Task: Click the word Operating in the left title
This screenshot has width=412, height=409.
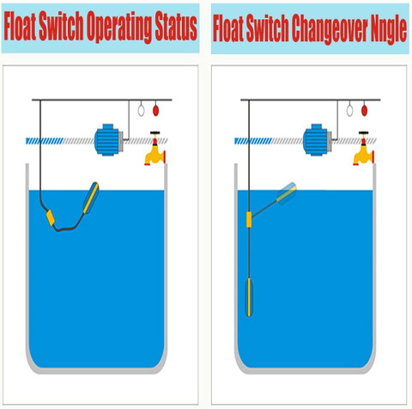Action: coord(119,27)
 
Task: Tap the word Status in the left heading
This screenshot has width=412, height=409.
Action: coord(176,27)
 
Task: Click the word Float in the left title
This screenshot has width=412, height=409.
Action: coord(20,26)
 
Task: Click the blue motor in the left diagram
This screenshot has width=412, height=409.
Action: coord(108,140)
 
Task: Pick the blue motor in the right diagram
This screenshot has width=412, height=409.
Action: coord(317,140)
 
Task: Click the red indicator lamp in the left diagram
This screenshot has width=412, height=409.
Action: coord(155,110)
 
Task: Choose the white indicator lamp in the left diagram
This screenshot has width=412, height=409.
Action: coord(141,110)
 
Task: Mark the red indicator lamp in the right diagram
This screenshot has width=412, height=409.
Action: coord(364,110)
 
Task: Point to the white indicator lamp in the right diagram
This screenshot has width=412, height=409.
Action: coord(349,110)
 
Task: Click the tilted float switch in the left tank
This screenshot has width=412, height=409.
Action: coord(91,198)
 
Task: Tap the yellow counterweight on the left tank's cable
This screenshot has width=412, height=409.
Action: coord(51,217)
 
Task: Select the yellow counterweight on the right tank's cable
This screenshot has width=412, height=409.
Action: coord(249,219)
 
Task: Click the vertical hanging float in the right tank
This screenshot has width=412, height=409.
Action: coord(249,297)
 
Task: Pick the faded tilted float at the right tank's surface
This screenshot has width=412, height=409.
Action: coord(287,193)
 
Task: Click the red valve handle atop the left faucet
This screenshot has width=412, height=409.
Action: coord(155,133)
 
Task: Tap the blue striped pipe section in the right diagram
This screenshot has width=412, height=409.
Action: coord(253,141)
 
